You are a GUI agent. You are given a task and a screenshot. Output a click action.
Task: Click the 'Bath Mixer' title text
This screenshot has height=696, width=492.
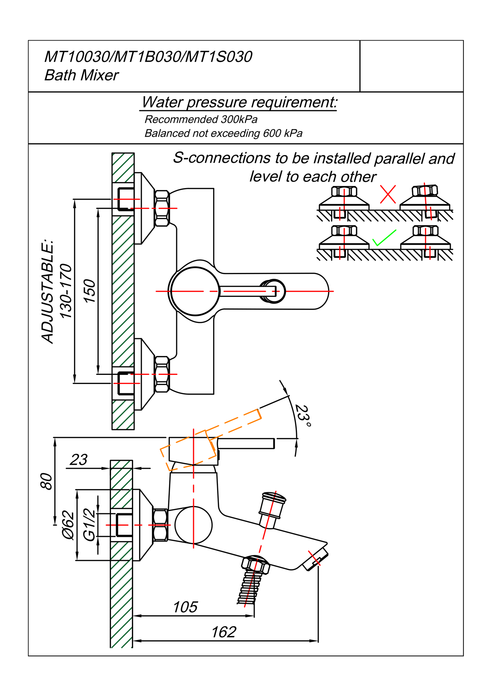(81, 75)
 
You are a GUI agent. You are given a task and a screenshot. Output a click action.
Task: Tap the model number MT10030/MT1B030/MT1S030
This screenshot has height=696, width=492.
(148, 57)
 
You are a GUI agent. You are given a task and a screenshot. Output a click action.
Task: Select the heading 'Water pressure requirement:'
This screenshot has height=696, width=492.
(239, 102)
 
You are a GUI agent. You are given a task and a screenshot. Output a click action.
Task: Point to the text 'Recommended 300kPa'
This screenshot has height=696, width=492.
(201, 119)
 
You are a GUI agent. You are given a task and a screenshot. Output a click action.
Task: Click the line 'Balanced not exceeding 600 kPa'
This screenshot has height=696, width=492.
(223, 133)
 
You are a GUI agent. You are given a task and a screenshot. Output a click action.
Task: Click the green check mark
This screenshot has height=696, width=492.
(384, 238)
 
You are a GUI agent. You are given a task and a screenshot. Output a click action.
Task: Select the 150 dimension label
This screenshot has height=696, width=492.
(89, 291)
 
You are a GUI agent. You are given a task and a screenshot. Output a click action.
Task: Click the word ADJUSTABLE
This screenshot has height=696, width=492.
(47, 291)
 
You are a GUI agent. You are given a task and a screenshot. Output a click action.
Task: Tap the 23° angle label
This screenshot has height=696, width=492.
(303, 416)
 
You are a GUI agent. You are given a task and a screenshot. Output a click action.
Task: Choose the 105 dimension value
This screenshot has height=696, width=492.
(185, 607)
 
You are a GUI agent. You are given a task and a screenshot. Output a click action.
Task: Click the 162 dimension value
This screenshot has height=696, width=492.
(224, 632)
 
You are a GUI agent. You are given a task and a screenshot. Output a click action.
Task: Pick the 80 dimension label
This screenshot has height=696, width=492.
(47, 481)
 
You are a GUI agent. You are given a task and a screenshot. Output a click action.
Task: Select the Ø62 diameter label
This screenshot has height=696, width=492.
(68, 525)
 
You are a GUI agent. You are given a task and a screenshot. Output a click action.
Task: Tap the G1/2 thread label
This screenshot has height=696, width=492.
(89, 525)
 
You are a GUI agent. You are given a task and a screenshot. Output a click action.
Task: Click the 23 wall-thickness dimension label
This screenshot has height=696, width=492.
(79, 460)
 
